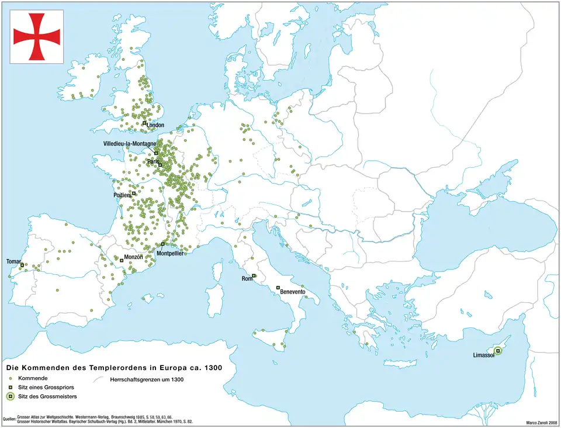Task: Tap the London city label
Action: point(155,125)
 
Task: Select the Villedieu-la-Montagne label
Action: point(129,144)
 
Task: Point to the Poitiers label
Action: point(122,195)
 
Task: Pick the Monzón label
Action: point(134,257)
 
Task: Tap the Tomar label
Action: point(13,261)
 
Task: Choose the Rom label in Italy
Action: point(247,279)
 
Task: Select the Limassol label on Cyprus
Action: point(483,355)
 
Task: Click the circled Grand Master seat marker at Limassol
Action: point(498,351)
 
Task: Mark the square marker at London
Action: point(144,123)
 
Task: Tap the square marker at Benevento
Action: point(278,287)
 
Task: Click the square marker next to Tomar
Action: point(22,265)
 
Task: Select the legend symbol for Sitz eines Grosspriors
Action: point(11,388)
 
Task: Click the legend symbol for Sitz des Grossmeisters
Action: point(11,397)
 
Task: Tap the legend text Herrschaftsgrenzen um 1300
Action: point(147,379)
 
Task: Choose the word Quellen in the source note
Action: point(9,419)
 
